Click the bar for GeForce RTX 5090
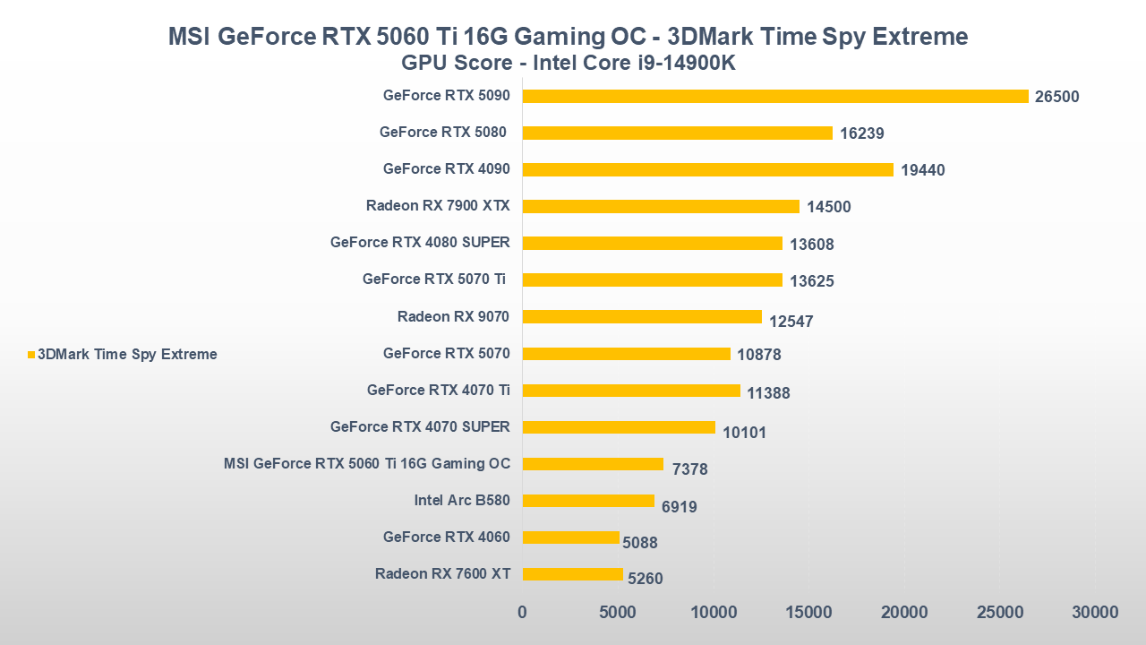pyautogui.click(x=775, y=96)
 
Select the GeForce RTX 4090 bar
pyautogui.click(x=707, y=169)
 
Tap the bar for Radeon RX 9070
pyautogui.click(x=642, y=316)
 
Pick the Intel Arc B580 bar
pyautogui.click(x=588, y=501)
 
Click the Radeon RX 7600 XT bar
pyautogui.click(x=572, y=574)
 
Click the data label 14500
pyautogui.click(x=828, y=207)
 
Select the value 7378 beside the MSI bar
pyautogui.click(x=689, y=469)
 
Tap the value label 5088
pyautogui.click(x=639, y=543)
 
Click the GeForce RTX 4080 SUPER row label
pyautogui.click(x=420, y=242)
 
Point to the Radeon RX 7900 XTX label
pyautogui.click(x=438, y=205)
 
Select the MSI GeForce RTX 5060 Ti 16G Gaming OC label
pyautogui.click(x=367, y=463)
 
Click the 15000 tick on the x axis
pyautogui.click(x=808, y=613)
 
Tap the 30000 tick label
pyautogui.click(x=1095, y=613)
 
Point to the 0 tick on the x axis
pyautogui.click(x=522, y=613)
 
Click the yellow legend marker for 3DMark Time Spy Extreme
pyautogui.click(x=31, y=355)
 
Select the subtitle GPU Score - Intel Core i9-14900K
pyautogui.click(x=569, y=63)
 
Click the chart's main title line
pyautogui.click(x=569, y=37)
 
